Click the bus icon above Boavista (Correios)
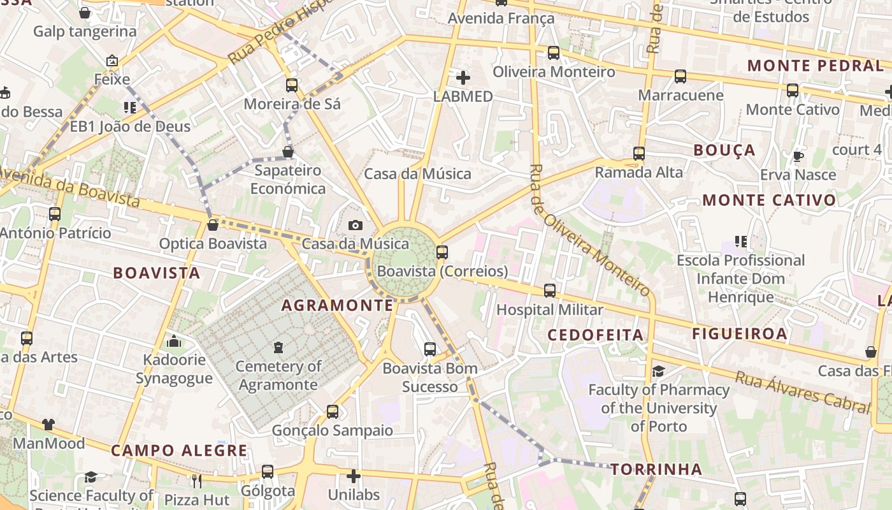[x=442, y=252]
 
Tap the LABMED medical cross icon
[x=463, y=78]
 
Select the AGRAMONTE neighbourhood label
[x=338, y=305]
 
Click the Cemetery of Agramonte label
[x=278, y=375]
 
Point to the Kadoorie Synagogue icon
[x=174, y=341]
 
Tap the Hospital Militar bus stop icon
[x=550, y=291]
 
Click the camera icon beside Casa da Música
[x=356, y=225]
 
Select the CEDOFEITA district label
[x=596, y=335]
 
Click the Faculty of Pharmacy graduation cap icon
[x=658, y=371]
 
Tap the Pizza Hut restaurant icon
[x=196, y=481]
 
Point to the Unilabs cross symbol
[x=354, y=476]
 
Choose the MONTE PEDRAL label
[x=815, y=66]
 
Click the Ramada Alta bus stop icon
[x=639, y=154]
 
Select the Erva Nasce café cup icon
[x=798, y=156]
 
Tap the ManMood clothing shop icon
[x=48, y=425]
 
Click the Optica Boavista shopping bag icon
[x=213, y=225]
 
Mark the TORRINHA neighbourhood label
[x=656, y=470]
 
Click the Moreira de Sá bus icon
[x=292, y=85]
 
